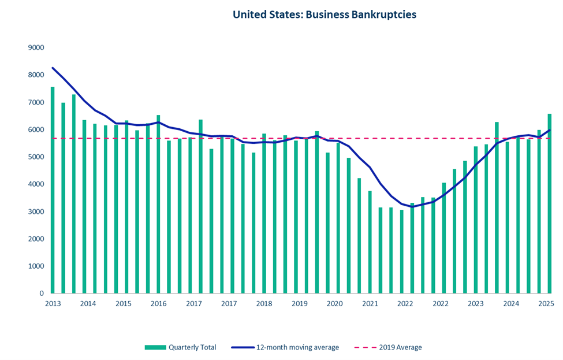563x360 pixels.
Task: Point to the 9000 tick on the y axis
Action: (x=36, y=48)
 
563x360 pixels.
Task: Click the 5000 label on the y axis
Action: (x=36, y=157)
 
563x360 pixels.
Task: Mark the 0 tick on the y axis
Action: (x=42, y=294)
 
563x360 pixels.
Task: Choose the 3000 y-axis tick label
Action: (x=36, y=212)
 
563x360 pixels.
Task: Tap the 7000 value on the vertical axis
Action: (x=36, y=103)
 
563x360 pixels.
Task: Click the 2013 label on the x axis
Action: (x=53, y=304)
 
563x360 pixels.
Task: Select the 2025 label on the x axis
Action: (x=546, y=304)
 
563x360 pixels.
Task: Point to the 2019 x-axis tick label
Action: (x=299, y=304)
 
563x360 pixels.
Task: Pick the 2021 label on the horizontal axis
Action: (x=370, y=304)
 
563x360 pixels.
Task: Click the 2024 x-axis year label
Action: (x=510, y=304)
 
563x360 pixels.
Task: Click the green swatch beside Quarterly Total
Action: (x=155, y=347)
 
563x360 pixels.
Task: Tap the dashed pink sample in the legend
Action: (x=364, y=347)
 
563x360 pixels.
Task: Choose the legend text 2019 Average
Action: (x=400, y=347)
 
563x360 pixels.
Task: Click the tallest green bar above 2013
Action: (x=53, y=191)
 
